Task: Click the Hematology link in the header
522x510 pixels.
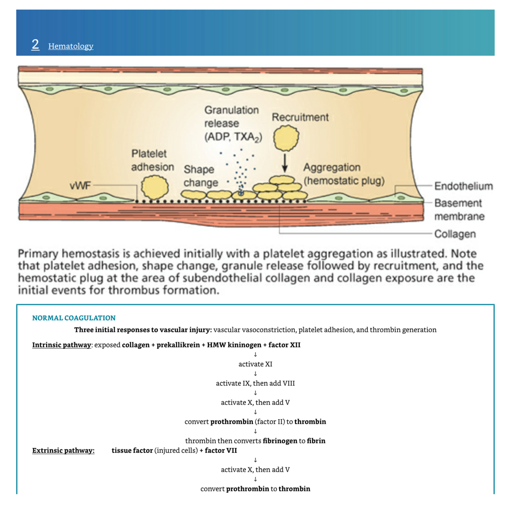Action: (x=71, y=46)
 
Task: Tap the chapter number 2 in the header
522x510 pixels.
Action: (x=35, y=44)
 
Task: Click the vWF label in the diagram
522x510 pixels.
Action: (x=80, y=185)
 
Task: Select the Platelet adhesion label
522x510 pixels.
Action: (x=152, y=160)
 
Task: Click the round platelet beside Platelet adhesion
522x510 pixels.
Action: (x=155, y=187)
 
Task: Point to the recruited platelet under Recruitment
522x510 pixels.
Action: (x=286, y=138)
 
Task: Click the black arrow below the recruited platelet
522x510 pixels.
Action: (x=285, y=163)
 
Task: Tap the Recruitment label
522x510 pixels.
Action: (x=300, y=117)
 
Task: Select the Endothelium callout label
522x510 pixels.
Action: (x=463, y=186)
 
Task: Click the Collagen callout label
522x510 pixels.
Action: (x=455, y=234)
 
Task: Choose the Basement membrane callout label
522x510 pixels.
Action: (x=459, y=210)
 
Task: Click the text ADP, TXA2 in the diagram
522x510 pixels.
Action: (x=233, y=137)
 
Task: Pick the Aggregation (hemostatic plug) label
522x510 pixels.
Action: (x=344, y=174)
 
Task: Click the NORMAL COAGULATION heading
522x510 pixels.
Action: (x=74, y=318)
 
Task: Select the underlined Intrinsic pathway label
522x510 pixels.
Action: (x=61, y=345)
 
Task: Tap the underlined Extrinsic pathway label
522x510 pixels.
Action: (x=63, y=451)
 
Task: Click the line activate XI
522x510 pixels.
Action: (x=255, y=364)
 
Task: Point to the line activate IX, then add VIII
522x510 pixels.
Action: (x=255, y=383)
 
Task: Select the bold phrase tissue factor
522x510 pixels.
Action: (x=132, y=451)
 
